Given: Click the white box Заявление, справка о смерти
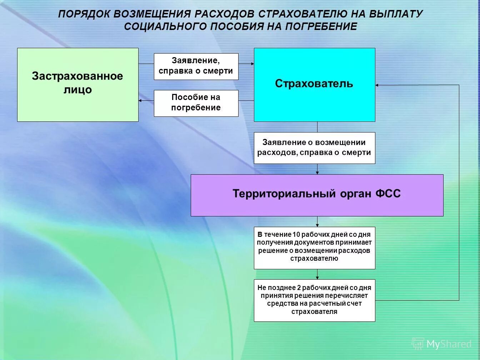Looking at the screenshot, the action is coord(196,66).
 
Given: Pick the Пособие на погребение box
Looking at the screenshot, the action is coord(196,103).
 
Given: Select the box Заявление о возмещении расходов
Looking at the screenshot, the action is coord(314,148).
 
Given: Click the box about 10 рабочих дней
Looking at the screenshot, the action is coord(314,248).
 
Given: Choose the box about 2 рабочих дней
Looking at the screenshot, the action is coord(314,300).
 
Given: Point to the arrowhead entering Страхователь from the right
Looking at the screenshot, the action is coord(377,85).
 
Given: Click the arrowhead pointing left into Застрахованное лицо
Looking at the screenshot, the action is coord(140,101).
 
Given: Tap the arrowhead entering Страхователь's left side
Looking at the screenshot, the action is coord(252,64).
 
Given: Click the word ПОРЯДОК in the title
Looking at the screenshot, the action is coord(84,14).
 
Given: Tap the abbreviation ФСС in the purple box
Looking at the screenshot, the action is coord(388,194).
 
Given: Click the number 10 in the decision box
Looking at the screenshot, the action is coord(296,235).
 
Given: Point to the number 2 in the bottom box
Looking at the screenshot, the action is coord(299,288).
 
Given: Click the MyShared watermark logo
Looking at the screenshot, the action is coord(441,344).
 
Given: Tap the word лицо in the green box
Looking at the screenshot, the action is coord(77,90).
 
